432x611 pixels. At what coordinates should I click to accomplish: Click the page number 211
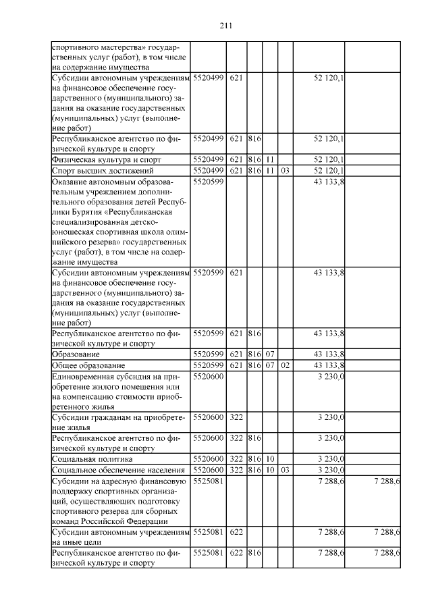click(225, 26)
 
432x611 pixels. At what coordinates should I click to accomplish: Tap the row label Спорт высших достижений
click(93, 171)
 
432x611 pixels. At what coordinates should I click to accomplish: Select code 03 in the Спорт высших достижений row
click(285, 171)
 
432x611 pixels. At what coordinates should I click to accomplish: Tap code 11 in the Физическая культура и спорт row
click(269, 160)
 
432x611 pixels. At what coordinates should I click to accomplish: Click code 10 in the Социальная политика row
click(269, 458)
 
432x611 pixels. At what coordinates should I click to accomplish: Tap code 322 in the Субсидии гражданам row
click(236, 418)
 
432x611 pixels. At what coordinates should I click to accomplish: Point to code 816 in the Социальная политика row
click(254, 458)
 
